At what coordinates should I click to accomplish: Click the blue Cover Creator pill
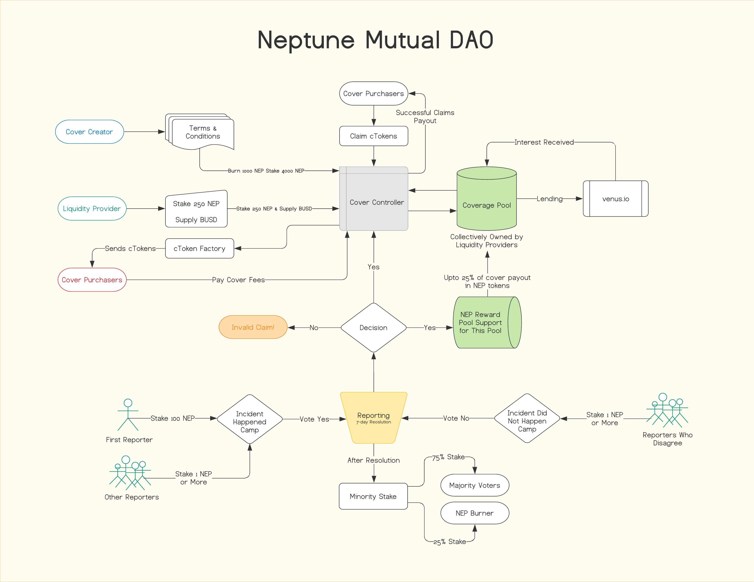click(89, 132)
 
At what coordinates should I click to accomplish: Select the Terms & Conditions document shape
click(203, 133)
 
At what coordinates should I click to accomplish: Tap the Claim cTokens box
click(374, 136)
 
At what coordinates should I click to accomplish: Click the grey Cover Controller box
click(376, 202)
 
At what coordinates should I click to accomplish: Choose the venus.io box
click(615, 199)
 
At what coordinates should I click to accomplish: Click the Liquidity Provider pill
click(92, 209)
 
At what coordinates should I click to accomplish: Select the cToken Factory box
click(199, 249)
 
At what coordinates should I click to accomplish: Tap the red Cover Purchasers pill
click(92, 280)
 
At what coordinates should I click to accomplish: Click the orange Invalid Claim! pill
click(253, 327)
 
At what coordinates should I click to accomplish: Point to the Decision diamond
click(374, 328)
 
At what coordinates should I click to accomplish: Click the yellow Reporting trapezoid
click(374, 418)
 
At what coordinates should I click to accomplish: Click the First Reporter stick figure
click(128, 415)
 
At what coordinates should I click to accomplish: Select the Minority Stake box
click(373, 496)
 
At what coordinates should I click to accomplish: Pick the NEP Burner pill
click(475, 513)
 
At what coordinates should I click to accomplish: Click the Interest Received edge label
click(544, 142)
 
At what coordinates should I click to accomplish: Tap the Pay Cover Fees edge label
click(238, 280)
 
